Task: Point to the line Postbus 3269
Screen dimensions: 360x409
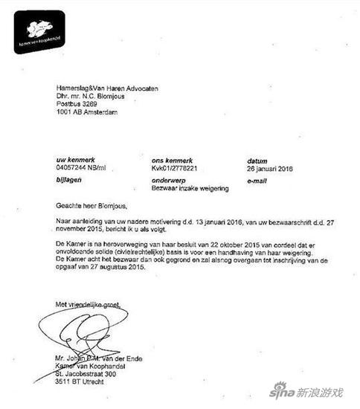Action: click(76, 104)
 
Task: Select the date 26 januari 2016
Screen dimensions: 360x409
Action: click(270, 169)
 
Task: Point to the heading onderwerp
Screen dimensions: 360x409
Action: click(169, 180)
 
